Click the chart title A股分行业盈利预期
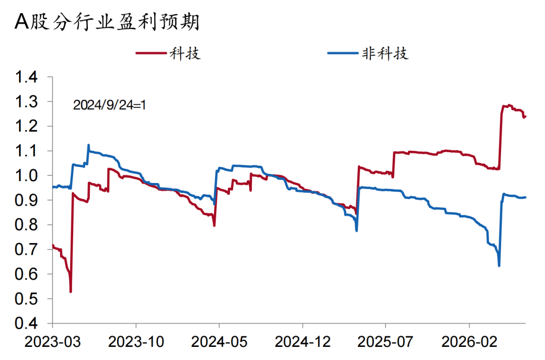tap(106, 22)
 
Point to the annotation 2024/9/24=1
tap(109, 105)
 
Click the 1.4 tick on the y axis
tap(26, 77)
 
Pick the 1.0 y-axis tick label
tap(26, 175)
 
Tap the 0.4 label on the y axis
tap(26, 323)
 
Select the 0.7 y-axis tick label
tap(26, 249)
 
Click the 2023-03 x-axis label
tap(52, 342)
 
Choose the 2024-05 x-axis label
tap(219, 342)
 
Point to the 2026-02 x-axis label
tap(469, 342)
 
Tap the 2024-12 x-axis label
tap(302, 342)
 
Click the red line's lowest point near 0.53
tap(71, 291)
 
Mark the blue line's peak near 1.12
tap(88, 145)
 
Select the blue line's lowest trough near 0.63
tap(499, 266)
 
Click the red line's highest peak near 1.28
tap(510, 105)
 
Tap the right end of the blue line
tap(525, 197)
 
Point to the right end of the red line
tap(525, 116)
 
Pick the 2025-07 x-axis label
tap(386, 342)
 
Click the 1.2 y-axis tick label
tap(26, 126)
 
